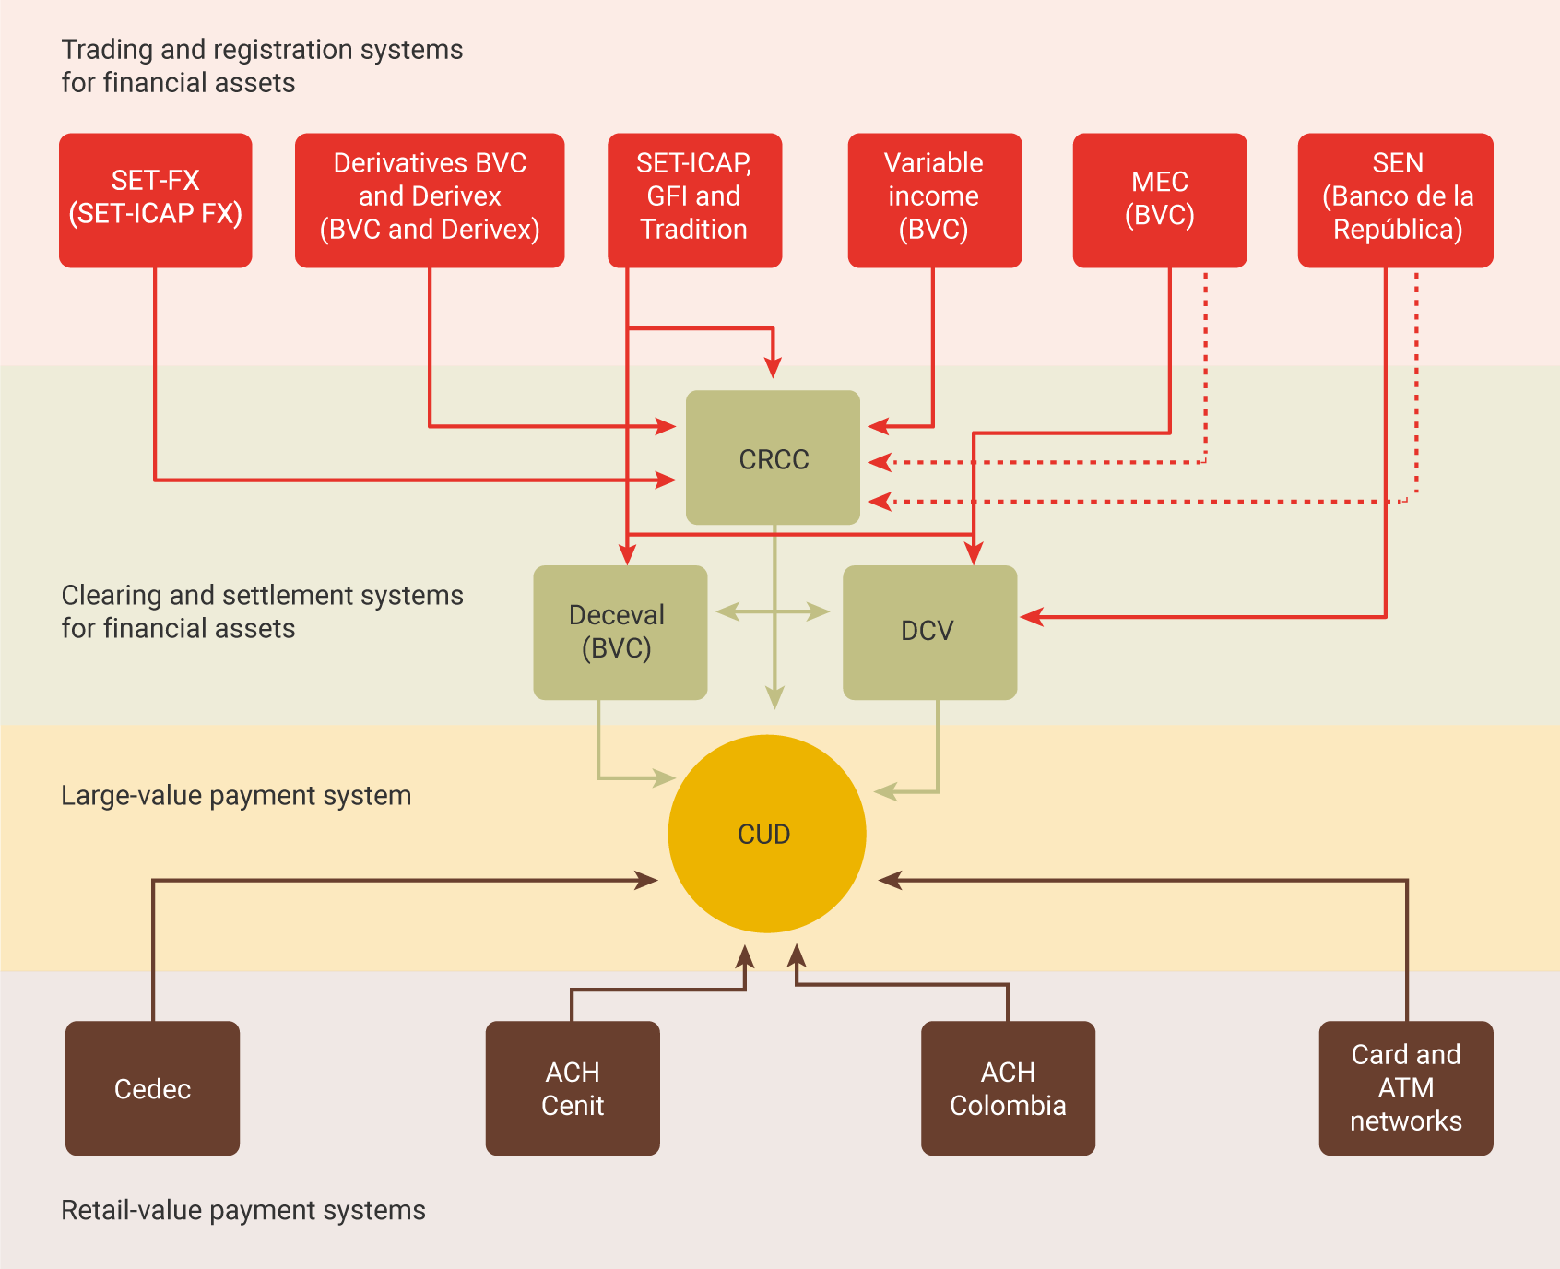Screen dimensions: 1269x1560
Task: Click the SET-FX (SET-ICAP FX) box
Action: (x=155, y=200)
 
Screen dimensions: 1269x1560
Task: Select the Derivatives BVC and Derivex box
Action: (x=430, y=200)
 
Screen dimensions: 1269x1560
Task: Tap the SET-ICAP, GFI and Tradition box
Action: (x=694, y=200)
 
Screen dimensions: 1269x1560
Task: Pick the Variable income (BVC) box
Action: (x=934, y=200)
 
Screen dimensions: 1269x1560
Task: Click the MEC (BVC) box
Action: (x=1160, y=200)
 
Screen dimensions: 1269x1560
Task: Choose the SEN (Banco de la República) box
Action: (x=1395, y=200)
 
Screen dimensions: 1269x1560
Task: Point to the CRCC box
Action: (x=773, y=457)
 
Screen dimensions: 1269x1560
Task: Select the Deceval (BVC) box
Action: (x=620, y=632)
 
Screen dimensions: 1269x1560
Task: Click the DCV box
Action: (x=929, y=632)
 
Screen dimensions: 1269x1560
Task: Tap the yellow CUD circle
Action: (x=766, y=834)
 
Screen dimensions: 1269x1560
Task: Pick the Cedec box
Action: (x=152, y=1088)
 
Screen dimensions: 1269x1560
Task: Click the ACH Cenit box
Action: (x=573, y=1088)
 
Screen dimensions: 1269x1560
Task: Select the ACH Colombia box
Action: (x=1008, y=1088)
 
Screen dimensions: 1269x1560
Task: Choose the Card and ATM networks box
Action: (x=1405, y=1088)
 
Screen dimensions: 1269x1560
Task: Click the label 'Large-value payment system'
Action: (x=236, y=795)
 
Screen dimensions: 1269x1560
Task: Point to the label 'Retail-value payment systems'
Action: (x=243, y=1210)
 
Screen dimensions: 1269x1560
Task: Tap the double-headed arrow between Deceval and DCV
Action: (x=773, y=611)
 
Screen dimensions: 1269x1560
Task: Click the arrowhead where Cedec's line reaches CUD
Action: (x=647, y=880)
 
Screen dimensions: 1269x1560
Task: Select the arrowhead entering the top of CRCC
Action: (x=773, y=367)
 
